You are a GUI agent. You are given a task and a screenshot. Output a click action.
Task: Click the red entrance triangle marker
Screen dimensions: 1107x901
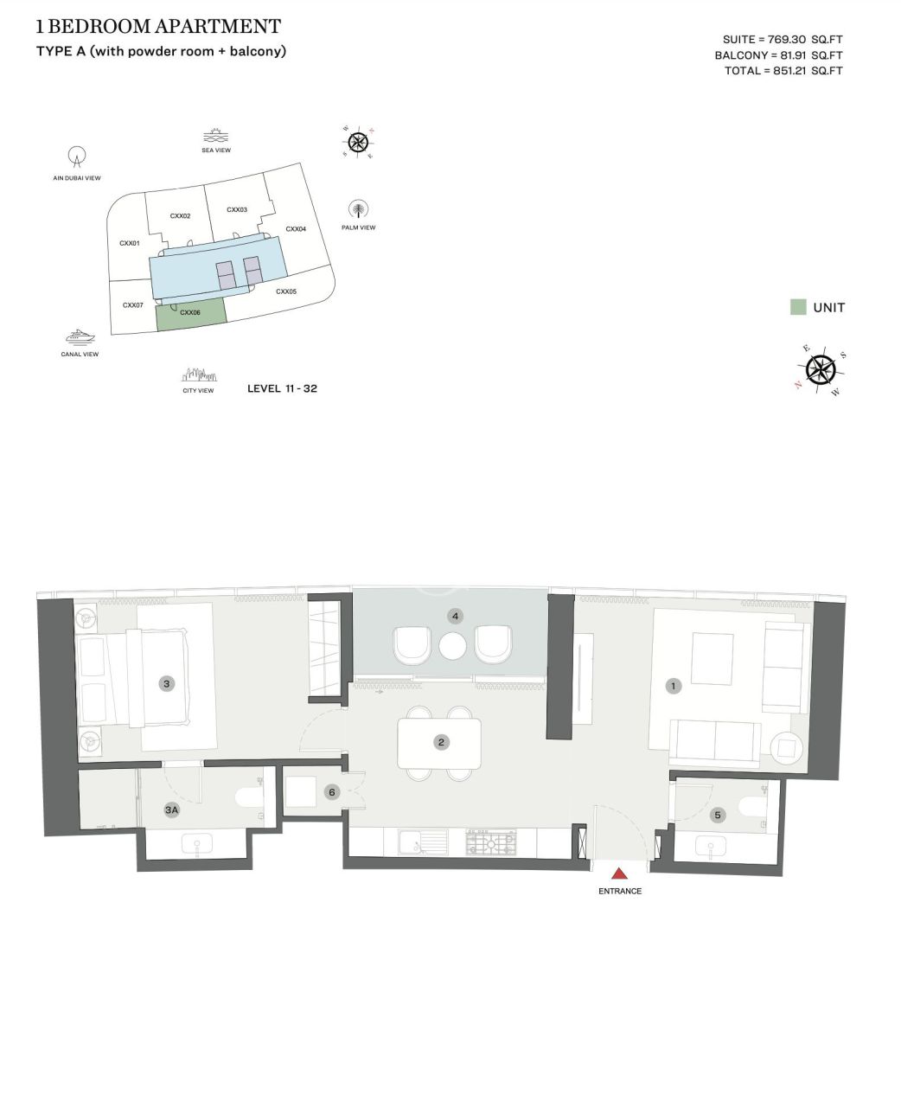pos(619,873)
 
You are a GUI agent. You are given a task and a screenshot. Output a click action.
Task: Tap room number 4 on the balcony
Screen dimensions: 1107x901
pos(455,617)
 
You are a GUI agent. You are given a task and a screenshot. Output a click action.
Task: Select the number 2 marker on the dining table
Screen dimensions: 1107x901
pos(441,742)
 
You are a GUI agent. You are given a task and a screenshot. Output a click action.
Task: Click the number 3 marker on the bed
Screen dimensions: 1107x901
pos(167,683)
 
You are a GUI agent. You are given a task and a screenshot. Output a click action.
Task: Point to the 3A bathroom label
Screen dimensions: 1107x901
pos(171,810)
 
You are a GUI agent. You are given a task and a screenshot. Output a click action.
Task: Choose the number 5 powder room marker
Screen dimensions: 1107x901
pos(717,815)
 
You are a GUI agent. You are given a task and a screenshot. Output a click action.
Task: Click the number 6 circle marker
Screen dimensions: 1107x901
pos(331,791)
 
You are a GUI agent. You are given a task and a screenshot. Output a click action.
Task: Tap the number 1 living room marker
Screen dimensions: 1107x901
pos(674,686)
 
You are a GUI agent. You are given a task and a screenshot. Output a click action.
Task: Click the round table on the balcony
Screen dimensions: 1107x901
pos(453,645)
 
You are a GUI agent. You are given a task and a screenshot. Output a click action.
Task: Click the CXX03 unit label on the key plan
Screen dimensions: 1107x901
pos(237,210)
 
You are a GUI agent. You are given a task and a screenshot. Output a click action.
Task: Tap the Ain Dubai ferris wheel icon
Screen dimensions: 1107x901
pos(77,157)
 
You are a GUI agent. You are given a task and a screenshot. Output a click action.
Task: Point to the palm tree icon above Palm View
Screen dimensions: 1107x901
pos(358,210)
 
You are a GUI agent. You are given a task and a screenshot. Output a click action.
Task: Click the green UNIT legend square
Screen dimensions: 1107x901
pos(798,307)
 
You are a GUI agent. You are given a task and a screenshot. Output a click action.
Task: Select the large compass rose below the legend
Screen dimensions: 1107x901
pos(821,370)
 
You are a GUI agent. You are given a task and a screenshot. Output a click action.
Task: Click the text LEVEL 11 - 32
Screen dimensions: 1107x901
pos(282,388)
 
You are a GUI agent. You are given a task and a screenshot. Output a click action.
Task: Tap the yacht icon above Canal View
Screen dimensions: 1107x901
pos(80,336)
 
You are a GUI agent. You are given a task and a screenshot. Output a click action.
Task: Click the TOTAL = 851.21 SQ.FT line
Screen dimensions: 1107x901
pos(783,71)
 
